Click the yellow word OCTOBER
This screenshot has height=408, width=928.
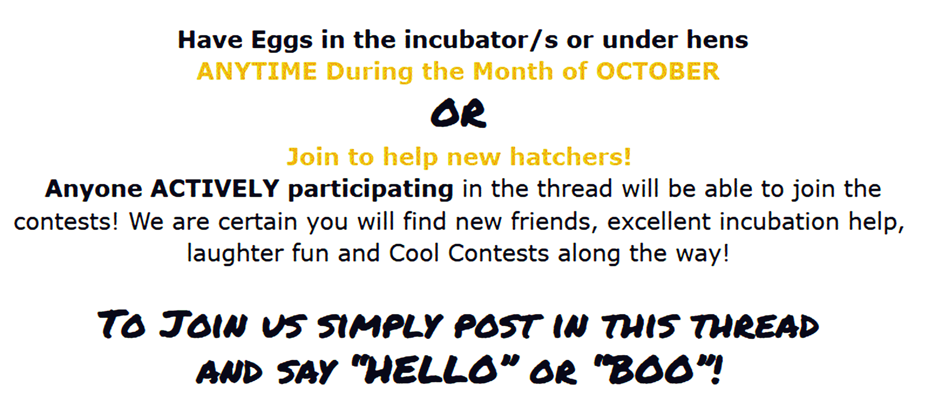pyautogui.click(x=658, y=71)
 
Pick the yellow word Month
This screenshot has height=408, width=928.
pyautogui.click(x=513, y=71)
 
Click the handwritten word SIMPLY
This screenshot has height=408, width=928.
pyautogui.click(x=380, y=326)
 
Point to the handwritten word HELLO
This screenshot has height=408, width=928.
pyautogui.click(x=430, y=370)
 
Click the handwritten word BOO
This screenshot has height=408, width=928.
pyautogui.click(x=650, y=370)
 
